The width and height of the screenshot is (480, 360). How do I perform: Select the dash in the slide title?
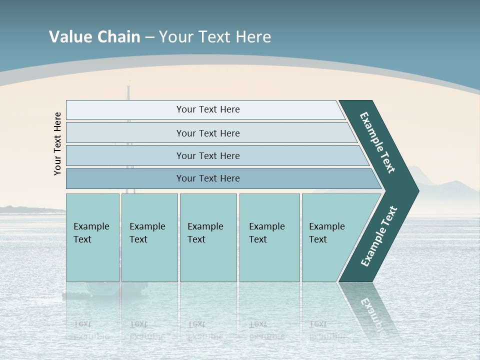150,37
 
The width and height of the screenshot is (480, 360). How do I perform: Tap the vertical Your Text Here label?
58,143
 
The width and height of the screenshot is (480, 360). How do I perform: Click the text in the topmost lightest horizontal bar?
208,109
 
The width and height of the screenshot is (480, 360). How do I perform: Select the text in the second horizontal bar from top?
208,133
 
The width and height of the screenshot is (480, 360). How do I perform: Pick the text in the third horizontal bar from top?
208,155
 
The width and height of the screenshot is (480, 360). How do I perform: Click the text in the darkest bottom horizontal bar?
208,178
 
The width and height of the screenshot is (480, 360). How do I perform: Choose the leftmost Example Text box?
92,237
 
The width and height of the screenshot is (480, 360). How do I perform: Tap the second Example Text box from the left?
149,237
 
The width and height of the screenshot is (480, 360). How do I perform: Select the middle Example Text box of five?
208,237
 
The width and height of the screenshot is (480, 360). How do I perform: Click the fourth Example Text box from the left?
269,237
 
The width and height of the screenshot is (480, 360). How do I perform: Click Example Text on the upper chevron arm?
377,142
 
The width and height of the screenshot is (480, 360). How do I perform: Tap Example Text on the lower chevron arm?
378,236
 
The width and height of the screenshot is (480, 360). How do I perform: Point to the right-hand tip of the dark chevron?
417,190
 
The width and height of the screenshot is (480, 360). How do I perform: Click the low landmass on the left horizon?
25,209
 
